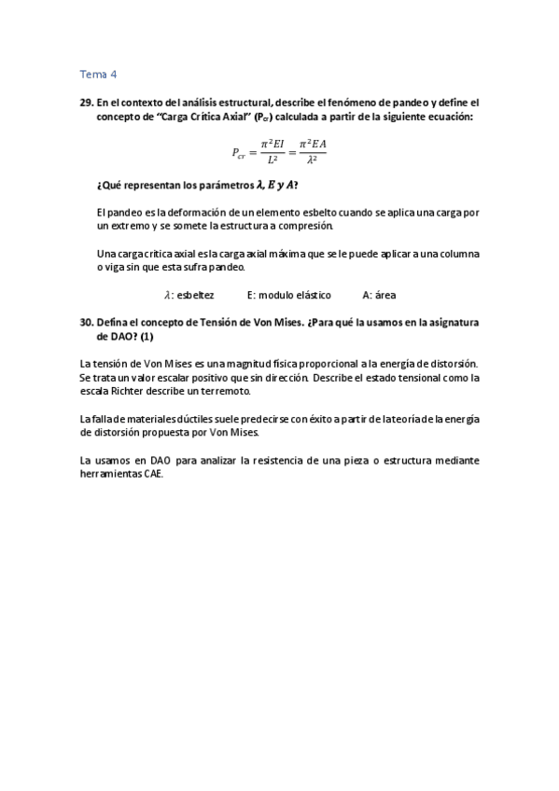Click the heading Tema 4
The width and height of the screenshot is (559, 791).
coord(99,75)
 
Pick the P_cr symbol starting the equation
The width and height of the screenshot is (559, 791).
coord(241,151)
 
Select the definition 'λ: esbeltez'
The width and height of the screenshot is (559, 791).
coord(189,295)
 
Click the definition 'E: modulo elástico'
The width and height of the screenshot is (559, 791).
coord(289,295)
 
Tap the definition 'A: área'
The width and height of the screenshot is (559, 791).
coord(379,295)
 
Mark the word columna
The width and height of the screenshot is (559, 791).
coord(458,254)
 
